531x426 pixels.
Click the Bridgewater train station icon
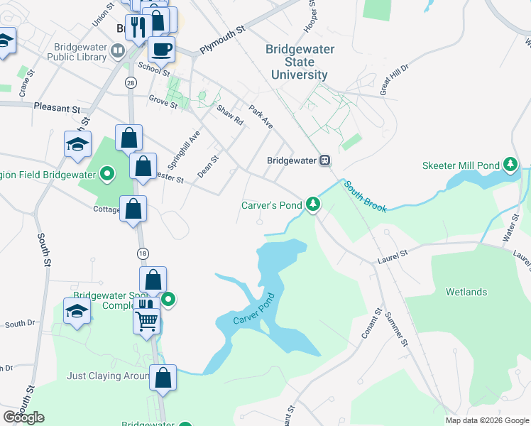[324, 160]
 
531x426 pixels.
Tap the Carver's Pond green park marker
[312, 205]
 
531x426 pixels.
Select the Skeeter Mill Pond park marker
[510, 165]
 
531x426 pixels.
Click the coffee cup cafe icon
[160, 49]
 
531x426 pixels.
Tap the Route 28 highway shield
[130, 83]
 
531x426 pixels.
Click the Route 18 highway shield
[143, 253]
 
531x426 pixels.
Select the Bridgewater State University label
[297, 62]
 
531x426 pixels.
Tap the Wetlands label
[466, 292]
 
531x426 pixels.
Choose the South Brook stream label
[366, 197]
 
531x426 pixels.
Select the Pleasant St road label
[57, 108]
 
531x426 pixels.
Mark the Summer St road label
[396, 330]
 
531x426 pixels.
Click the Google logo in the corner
[23, 417]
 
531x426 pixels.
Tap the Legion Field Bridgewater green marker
[107, 173]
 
